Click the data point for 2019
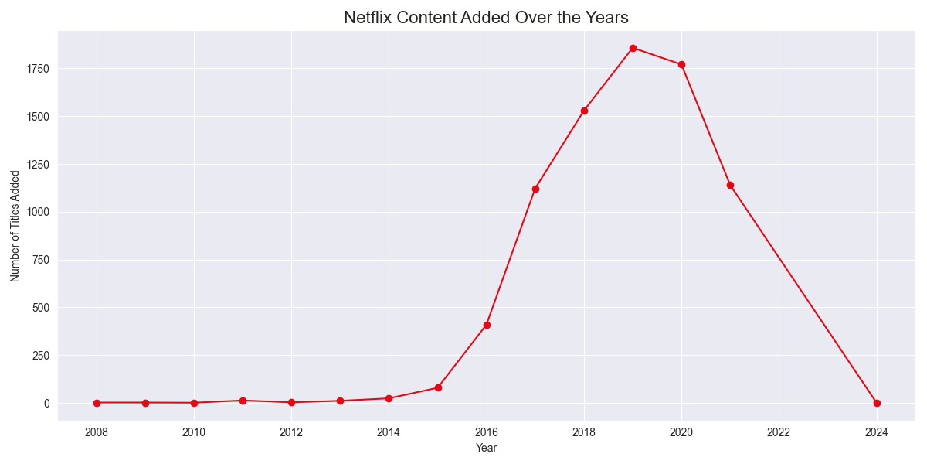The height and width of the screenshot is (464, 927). [x=633, y=48]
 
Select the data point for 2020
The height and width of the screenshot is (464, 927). [x=681, y=64]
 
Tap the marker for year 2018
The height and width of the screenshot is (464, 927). [x=584, y=111]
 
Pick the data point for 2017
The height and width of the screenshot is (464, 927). [x=535, y=189]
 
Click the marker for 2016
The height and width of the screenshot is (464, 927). [x=487, y=325]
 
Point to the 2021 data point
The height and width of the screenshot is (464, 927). [x=730, y=185]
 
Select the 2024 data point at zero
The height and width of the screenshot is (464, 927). [x=876, y=403]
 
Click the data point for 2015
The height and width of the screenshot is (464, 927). [x=438, y=387]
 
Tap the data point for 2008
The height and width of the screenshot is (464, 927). [x=97, y=402]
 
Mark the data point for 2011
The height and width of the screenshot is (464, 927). [x=243, y=401]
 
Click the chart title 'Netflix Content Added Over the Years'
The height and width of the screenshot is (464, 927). [x=486, y=17]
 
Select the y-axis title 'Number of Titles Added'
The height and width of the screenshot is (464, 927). [x=15, y=226]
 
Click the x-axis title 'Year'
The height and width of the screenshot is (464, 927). [x=486, y=448]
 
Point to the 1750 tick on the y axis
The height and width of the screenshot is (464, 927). [x=36, y=69]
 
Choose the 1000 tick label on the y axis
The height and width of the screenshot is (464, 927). [x=36, y=212]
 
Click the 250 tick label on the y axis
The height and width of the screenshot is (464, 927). [x=39, y=356]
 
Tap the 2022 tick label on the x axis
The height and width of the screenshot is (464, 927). [x=779, y=432]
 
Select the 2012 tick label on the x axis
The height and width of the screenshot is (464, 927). [x=291, y=432]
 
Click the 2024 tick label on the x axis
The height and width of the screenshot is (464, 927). [x=876, y=432]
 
